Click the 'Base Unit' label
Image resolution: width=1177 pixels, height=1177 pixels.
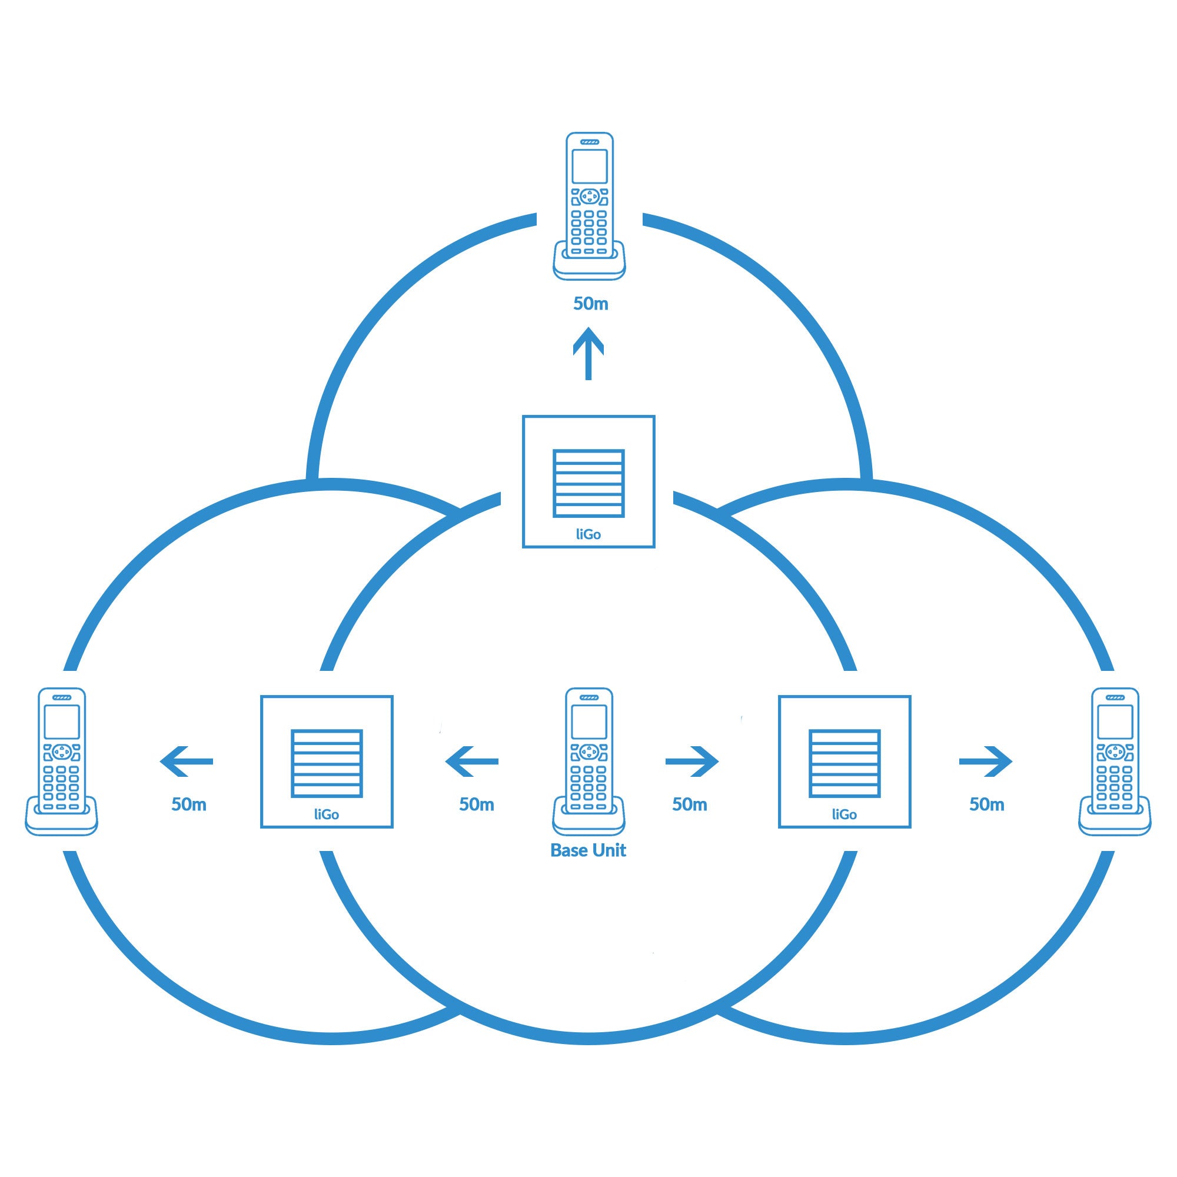pos(588,850)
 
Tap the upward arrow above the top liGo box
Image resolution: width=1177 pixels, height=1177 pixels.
pos(588,353)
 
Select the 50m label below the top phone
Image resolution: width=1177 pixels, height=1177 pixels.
pos(590,304)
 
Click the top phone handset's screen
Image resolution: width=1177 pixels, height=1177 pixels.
pos(589,167)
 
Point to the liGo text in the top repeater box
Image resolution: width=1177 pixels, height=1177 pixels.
pos(588,534)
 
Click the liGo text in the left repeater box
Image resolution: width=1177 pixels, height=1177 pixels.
pos(327,814)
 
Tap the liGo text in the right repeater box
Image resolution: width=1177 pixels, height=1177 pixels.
pos(844,814)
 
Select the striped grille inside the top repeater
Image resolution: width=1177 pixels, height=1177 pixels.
pos(588,483)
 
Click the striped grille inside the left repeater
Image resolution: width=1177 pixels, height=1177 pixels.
pos(327,763)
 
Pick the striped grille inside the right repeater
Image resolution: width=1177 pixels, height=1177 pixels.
pos(844,763)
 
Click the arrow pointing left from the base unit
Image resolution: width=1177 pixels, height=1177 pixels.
pos(471,761)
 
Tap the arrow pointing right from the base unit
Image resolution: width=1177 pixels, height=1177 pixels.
pos(692,761)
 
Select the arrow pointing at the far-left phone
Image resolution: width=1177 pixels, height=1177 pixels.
pos(187,761)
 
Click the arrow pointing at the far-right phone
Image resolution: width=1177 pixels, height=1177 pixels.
pos(986,761)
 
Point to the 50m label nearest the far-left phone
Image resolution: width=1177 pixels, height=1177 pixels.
pos(189,804)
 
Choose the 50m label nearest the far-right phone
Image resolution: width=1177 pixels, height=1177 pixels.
pos(986,804)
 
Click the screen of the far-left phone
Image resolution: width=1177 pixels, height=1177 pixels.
pos(62,722)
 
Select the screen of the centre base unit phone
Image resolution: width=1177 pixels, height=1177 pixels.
pos(588,722)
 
